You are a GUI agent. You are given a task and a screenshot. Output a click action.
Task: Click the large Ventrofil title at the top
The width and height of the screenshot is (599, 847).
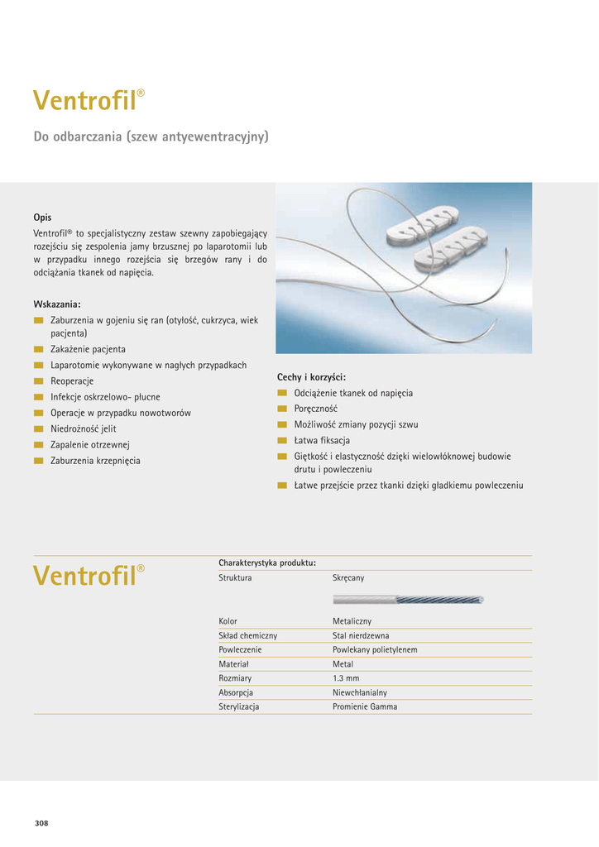pyautogui.click(x=86, y=101)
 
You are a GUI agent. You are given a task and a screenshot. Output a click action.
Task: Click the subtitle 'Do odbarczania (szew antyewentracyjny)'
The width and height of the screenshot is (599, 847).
pyautogui.click(x=151, y=136)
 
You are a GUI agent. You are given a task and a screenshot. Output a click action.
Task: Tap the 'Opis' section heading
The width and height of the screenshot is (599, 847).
pyautogui.click(x=42, y=218)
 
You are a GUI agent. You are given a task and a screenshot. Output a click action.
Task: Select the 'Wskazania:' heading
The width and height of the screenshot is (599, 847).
pyautogui.click(x=57, y=304)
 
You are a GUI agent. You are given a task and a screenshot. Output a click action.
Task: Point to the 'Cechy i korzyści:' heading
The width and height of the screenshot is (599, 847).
pyautogui.click(x=311, y=377)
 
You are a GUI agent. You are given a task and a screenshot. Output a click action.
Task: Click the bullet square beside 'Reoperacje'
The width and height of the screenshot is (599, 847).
pyautogui.click(x=38, y=381)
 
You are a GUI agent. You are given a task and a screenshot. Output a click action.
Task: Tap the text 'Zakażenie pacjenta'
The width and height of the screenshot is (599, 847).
pyautogui.click(x=88, y=350)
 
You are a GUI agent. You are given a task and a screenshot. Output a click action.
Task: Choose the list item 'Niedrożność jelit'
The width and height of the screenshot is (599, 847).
pyautogui.click(x=84, y=429)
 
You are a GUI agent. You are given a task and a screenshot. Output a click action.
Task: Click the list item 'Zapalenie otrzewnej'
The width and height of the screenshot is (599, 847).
pyautogui.click(x=90, y=445)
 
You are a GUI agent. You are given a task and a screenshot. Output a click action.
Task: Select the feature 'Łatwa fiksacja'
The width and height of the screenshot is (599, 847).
pyautogui.click(x=322, y=440)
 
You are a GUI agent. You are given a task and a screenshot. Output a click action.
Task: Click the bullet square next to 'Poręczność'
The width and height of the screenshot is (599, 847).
pyautogui.click(x=282, y=409)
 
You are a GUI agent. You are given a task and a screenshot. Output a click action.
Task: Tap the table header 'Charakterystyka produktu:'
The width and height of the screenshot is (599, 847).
pyautogui.click(x=267, y=562)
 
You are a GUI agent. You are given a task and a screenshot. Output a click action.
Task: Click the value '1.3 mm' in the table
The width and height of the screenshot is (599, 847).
pyautogui.click(x=344, y=678)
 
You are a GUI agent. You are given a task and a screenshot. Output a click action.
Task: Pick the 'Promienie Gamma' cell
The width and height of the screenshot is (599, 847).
pyautogui.click(x=365, y=707)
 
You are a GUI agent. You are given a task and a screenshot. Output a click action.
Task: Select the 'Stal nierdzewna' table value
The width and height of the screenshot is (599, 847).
pyautogui.click(x=361, y=635)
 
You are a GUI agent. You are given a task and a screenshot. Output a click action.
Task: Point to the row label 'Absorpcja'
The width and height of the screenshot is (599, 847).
pyautogui.click(x=236, y=692)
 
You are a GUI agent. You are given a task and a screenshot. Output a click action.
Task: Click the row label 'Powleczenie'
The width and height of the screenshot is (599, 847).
pyautogui.click(x=240, y=650)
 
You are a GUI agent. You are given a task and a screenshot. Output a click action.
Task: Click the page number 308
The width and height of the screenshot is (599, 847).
pyautogui.click(x=42, y=823)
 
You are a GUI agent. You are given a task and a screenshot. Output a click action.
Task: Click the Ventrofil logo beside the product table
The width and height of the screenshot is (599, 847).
pyautogui.click(x=86, y=575)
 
